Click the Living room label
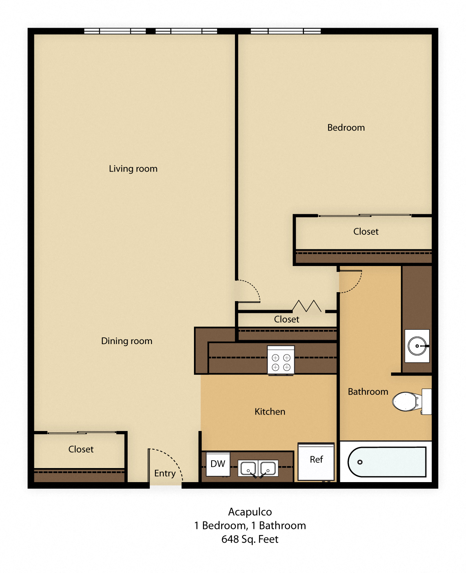133,169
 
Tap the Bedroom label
346,128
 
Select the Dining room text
126,341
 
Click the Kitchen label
270,412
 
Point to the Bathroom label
368,392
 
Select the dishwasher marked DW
218,464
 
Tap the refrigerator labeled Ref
316,461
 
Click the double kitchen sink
258,468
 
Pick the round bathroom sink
417,346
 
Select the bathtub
386,462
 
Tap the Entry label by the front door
165,473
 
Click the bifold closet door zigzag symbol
307,306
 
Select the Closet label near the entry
81,449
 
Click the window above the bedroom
285,31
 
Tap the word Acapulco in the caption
250,512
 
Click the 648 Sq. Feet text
250,539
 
